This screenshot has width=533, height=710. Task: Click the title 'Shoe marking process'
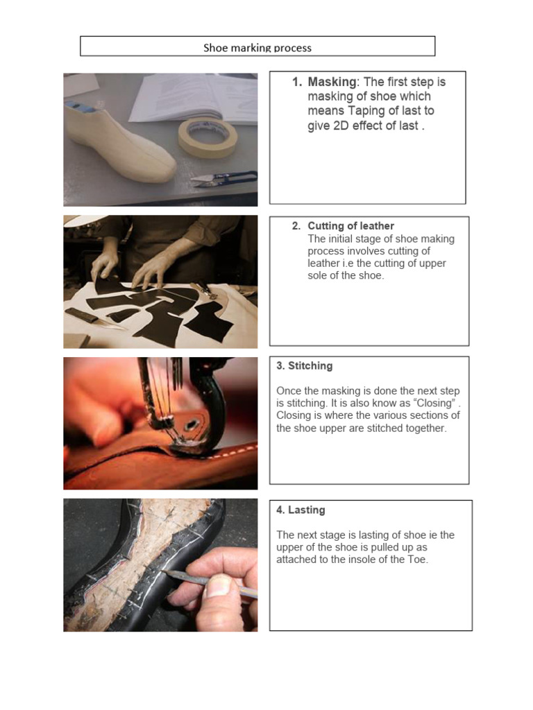coord(257,48)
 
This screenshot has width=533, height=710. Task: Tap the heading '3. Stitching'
coord(304,365)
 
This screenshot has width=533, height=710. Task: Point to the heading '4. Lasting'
coord(301,510)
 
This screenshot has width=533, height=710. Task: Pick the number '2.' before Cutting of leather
coord(296,226)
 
